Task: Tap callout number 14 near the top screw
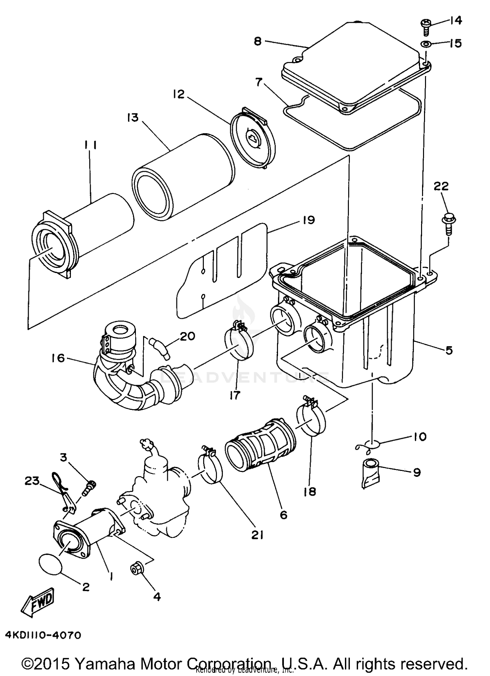tap(455, 21)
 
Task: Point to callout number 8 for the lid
tap(258, 41)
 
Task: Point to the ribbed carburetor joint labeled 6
tap(260, 446)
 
